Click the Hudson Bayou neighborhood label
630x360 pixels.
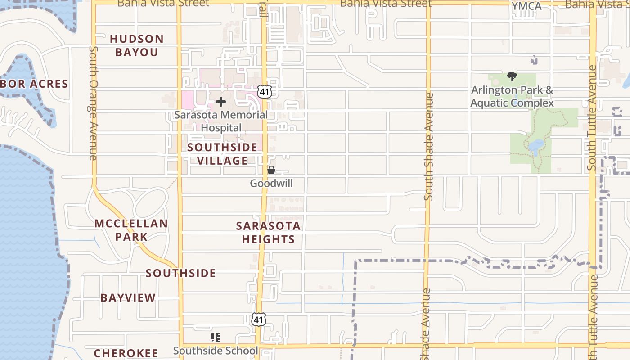pos(137,45)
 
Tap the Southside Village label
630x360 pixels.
pos(222,154)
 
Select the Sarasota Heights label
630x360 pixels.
pos(268,233)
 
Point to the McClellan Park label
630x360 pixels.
pos(131,230)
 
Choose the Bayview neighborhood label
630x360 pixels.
pos(128,298)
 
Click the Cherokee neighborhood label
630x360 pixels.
pos(126,353)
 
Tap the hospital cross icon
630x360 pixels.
pos(221,102)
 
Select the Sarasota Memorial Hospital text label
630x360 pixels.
pos(221,121)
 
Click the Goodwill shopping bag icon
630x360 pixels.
pos(271,170)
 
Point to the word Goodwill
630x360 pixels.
pos(271,184)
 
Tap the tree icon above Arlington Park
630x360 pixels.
pos(512,76)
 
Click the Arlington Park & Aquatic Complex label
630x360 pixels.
pos(512,96)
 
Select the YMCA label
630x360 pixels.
pos(526,6)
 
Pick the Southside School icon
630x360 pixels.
pos(216,337)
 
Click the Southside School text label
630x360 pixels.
pos(216,351)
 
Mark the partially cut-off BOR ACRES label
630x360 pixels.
pos(34,84)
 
